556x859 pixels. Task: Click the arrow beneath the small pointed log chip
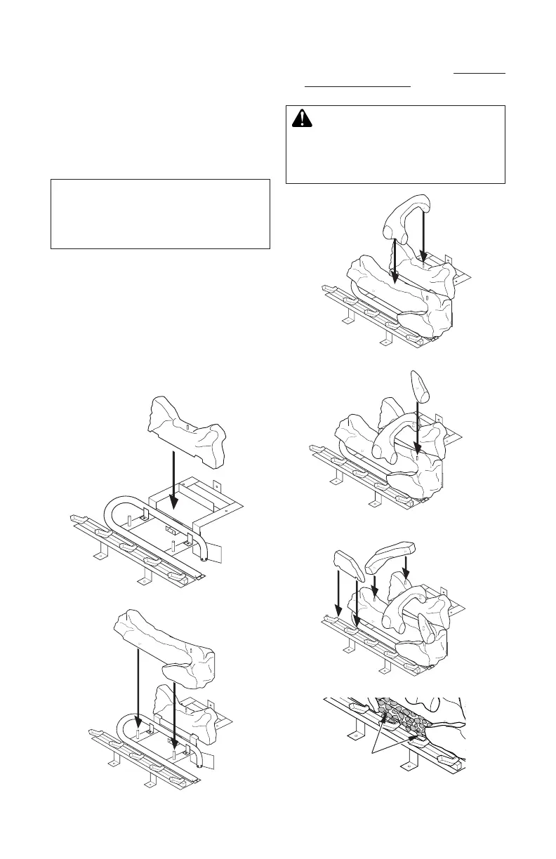[x=418, y=428]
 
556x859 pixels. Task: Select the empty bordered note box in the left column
[x=160, y=213]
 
